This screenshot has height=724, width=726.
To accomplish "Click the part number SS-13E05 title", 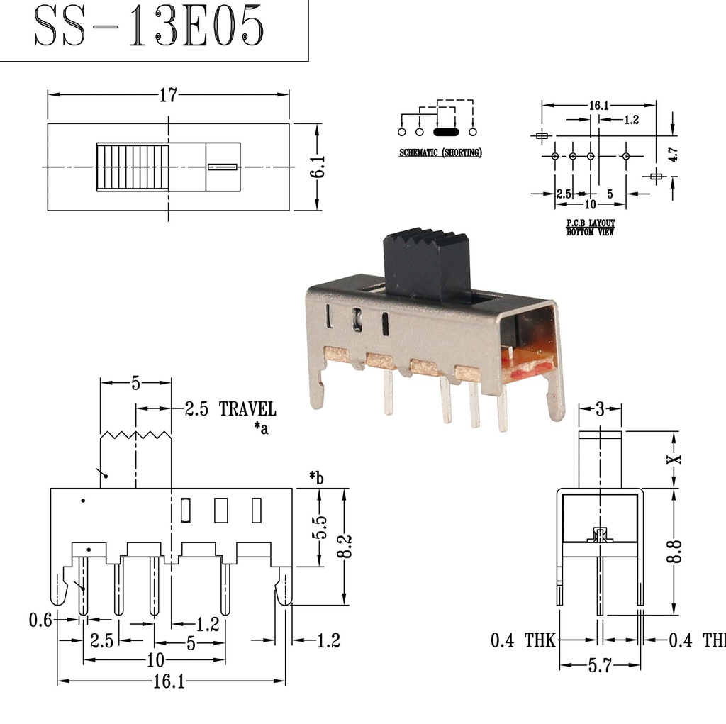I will click(149, 29).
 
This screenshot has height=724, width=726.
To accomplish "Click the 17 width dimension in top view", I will click(167, 95).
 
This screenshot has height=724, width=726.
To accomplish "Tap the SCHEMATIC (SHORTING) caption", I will click(440, 152).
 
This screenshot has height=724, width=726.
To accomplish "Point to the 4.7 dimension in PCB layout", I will click(673, 155).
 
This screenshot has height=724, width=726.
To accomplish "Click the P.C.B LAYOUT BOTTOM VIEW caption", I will click(590, 227).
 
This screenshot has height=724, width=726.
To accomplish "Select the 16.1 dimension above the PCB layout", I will click(598, 106).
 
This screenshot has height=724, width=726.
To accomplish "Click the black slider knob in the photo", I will click(428, 264).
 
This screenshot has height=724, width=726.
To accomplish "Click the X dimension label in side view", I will click(675, 459).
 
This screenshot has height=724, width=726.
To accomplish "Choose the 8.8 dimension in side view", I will click(675, 551).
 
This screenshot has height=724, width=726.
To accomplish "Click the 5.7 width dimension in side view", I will click(599, 667).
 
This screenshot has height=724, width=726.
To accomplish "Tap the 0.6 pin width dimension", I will click(40, 620).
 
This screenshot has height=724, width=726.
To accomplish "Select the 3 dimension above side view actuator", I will click(600, 408).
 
